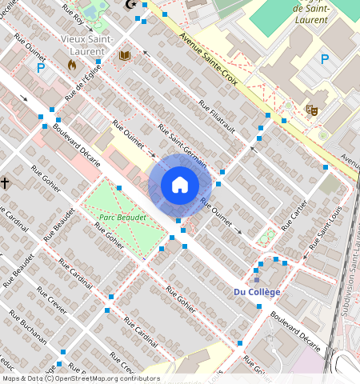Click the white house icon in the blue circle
coord(180,185)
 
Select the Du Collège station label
coord(257,292)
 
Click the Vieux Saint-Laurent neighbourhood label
coord(86,45)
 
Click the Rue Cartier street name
coord(295,214)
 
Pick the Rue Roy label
coord(74,14)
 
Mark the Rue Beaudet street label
coord(60,224)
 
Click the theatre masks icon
coord(312,109)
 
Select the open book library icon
coord(124,55)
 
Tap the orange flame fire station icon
coord(72,63)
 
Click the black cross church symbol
coord(5,183)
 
